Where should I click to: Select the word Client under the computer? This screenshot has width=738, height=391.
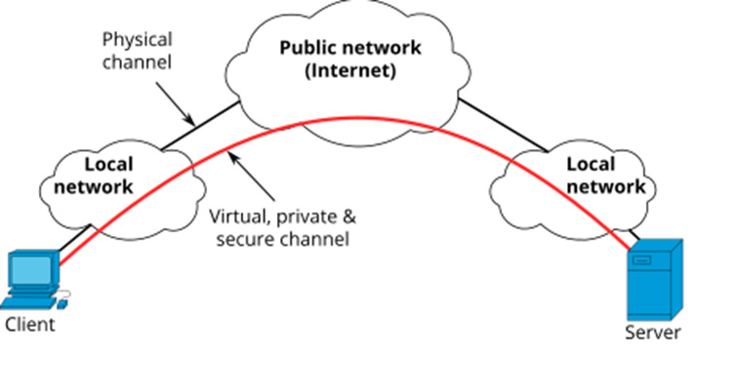coord(30,325)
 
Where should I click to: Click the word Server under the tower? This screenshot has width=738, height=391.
coord(652,332)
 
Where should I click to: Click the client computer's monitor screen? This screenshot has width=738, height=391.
coord(30,267)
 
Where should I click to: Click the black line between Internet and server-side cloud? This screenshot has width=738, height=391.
coord(504,124)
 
